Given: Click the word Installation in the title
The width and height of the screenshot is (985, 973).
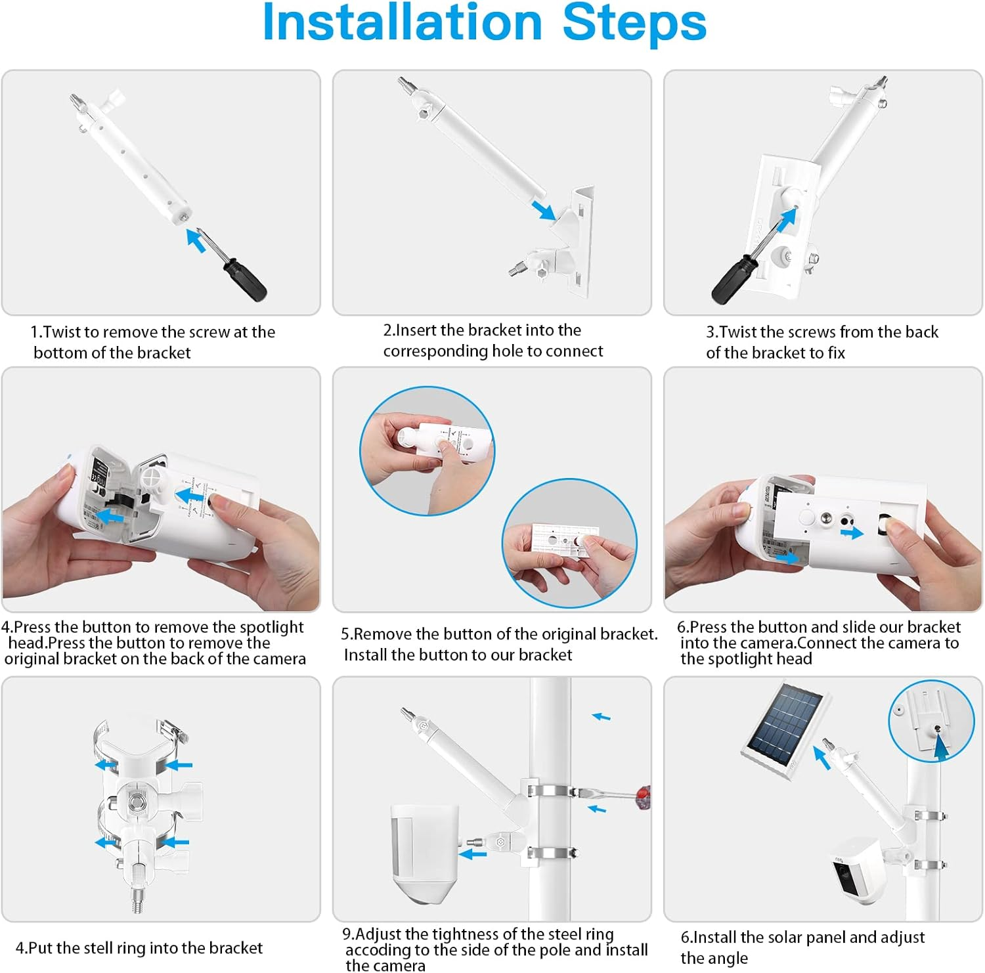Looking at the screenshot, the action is click(x=402, y=22).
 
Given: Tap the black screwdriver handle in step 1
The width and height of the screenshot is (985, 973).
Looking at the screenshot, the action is click(x=244, y=280).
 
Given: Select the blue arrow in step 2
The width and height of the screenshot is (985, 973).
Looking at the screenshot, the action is click(x=544, y=210).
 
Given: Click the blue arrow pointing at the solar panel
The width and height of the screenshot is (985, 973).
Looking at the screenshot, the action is click(x=821, y=756).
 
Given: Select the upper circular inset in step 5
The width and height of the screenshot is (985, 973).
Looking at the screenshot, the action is click(x=427, y=451).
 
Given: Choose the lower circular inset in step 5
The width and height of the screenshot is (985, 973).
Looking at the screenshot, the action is click(x=569, y=544).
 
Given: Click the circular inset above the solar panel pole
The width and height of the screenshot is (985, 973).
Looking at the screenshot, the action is click(x=931, y=722).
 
